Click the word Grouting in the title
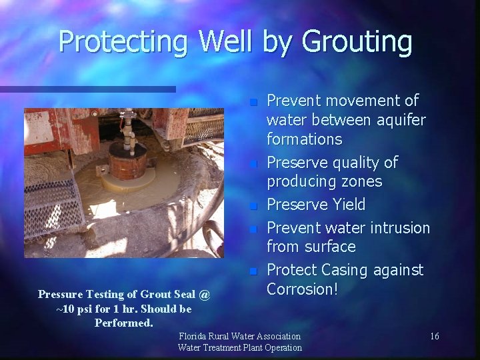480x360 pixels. pyautogui.click(x=357, y=41)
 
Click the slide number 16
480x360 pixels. pyautogui.click(x=434, y=336)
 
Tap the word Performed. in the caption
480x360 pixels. pyautogui.click(x=124, y=323)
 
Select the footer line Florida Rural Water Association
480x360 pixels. pyautogui.click(x=240, y=336)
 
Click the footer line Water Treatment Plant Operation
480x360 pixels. pyautogui.click(x=240, y=347)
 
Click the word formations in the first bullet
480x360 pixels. pyautogui.click(x=304, y=139)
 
